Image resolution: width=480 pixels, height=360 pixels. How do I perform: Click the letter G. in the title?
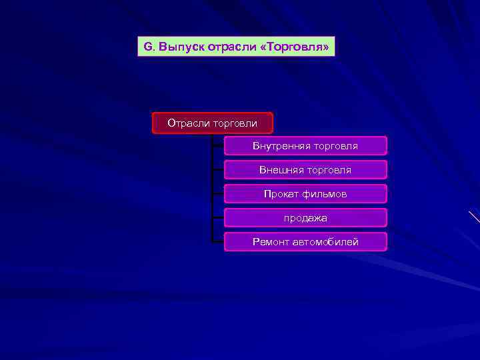pyautogui.click(x=149, y=47)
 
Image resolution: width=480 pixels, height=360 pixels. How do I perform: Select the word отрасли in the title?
pyautogui.click(x=230, y=47)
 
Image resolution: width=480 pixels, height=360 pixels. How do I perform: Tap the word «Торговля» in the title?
pyautogui.click(x=291, y=47)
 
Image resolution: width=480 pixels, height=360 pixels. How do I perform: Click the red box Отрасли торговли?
pyautogui.click(x=212, y=123)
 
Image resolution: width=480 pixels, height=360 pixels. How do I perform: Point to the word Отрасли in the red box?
pyautogui.click(x=189, y=123)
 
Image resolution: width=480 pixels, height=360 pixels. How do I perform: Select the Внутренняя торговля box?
pyautogui.click(x=305, y=146)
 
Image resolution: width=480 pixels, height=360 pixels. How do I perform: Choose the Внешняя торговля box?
pyautogui.click(x=305, y=170)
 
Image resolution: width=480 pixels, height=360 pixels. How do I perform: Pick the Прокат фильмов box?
pyautogui.click(x=305, y=194)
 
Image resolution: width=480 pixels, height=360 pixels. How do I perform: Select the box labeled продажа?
pyautogui.click(x=305, y=218)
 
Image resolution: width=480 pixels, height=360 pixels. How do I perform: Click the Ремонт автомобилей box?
pyautogui.click(x=305, y=242)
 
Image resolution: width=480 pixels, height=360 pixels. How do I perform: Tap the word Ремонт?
pyautogui.click(x=271, y=242)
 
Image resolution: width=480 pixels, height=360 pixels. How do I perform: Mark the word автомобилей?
pyautogui.click(x=326, y=242)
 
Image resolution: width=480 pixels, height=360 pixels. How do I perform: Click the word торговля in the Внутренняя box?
pyautogui.click(x=337, y=146)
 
